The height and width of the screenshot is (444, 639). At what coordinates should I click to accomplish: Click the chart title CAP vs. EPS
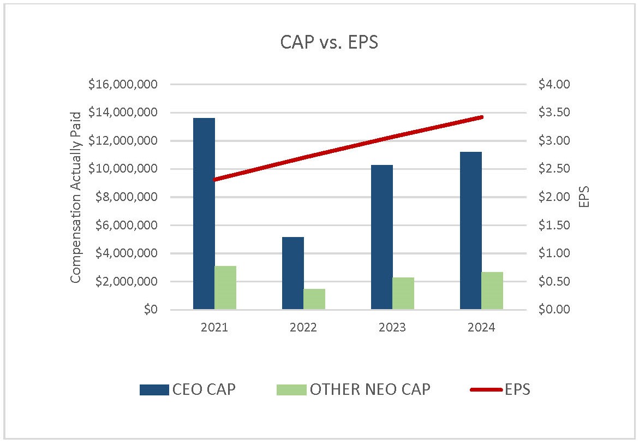pyautogui.click(x=329, y=43)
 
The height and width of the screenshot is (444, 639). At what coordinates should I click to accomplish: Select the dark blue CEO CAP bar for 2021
pyautogui.click(x=204, y=214)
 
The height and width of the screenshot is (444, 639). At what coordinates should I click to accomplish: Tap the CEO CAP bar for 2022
pyautogui.click(x=292, y=273)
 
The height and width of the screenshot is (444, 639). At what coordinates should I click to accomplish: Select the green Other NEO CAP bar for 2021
pyautogui.click(x=225, y=288)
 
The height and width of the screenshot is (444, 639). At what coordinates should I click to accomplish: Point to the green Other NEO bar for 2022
pyautogui.click(x=314, y=299)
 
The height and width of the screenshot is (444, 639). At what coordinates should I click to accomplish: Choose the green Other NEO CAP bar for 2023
pyautogui.click(x=403, y=293)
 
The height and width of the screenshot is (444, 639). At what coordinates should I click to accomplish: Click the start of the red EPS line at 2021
pyautogui.click(x=215, y=179)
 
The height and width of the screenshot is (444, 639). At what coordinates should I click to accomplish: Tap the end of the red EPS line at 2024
pyautogui.click(x=481, y=117)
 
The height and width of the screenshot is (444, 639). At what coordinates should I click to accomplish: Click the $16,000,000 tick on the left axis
pyautogui.click(x=122, y=85)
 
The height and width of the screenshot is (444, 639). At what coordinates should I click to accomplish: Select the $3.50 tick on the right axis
pyautogui.click(x=554, y=113)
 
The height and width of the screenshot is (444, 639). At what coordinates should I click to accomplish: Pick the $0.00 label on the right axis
pyautogui.click(x=554, y=310)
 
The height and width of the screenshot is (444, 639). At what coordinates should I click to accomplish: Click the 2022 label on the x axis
pyautogui.click(x=303, y=328)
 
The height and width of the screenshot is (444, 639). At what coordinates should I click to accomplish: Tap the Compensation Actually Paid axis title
pyautogui.click(x=76, y=197)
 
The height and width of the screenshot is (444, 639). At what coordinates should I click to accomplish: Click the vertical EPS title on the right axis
pyautogui.click(x=584, y=197)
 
